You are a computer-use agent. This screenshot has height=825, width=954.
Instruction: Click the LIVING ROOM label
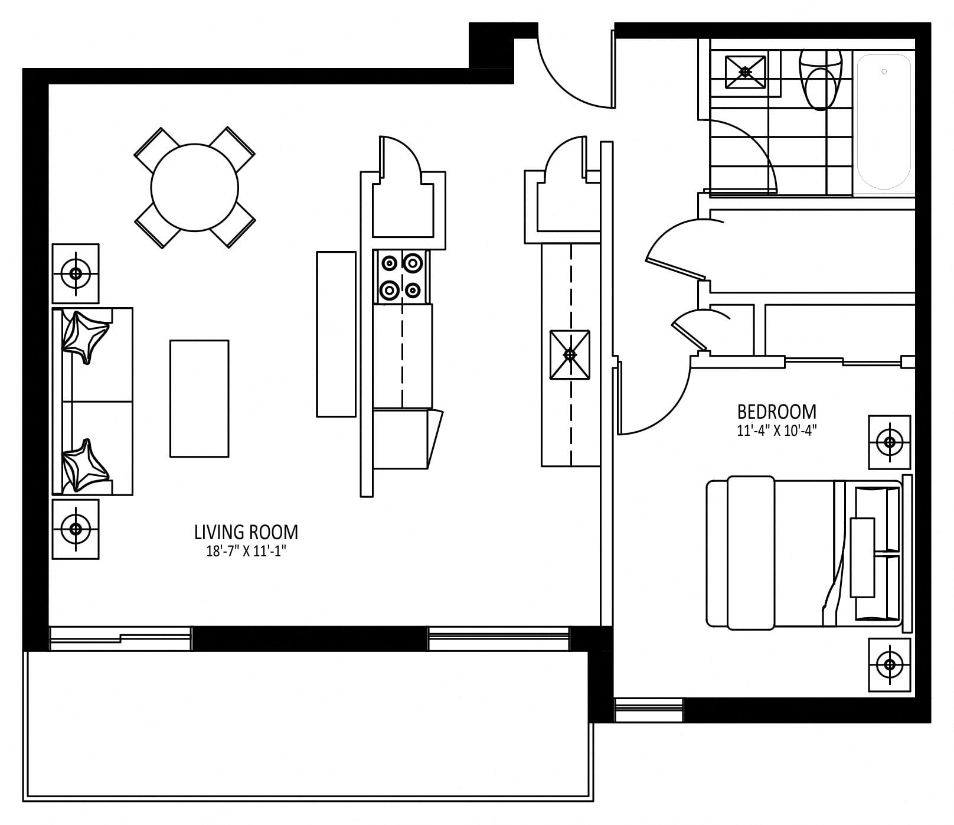click(x=246, y=532)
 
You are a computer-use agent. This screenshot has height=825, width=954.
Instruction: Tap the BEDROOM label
click(x=777, y=411)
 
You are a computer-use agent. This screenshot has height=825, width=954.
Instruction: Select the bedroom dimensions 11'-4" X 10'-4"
click(x=777, y=431)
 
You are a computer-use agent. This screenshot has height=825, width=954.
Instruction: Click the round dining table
click(x=195, y=188)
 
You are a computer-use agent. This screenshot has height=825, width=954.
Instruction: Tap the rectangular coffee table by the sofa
click(x=200, y=399)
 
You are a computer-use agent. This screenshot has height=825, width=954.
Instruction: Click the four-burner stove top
click(x=401, y=276)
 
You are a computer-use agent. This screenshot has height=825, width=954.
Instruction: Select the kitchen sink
click(x=570, y=354)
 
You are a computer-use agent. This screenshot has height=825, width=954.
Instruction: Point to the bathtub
click(x=884, y=122)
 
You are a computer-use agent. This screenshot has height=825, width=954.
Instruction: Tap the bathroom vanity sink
click(x=745, y=72)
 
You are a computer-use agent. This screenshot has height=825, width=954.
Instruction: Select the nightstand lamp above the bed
click(x=889, y=442)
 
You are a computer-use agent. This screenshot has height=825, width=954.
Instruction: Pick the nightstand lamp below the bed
click(x=889, y=665)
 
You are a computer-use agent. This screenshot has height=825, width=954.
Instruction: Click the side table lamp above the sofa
click(x=76, y=273)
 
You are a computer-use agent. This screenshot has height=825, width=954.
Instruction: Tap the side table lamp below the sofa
click(x=76, y=529)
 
